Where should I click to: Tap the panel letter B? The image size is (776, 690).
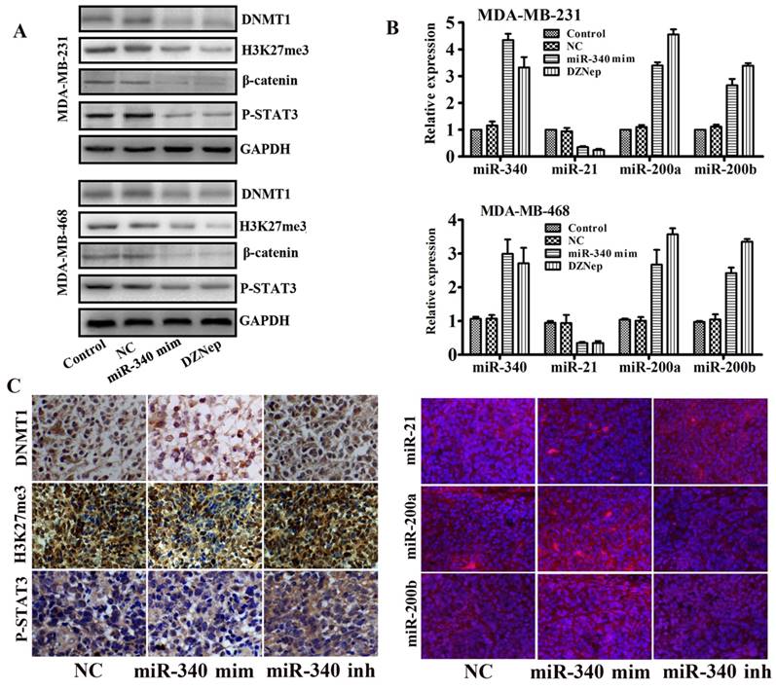392,28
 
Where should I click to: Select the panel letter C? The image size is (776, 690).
15,385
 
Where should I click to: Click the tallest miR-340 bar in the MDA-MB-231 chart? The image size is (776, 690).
506,97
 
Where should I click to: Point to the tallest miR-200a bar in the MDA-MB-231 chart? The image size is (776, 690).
673,94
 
